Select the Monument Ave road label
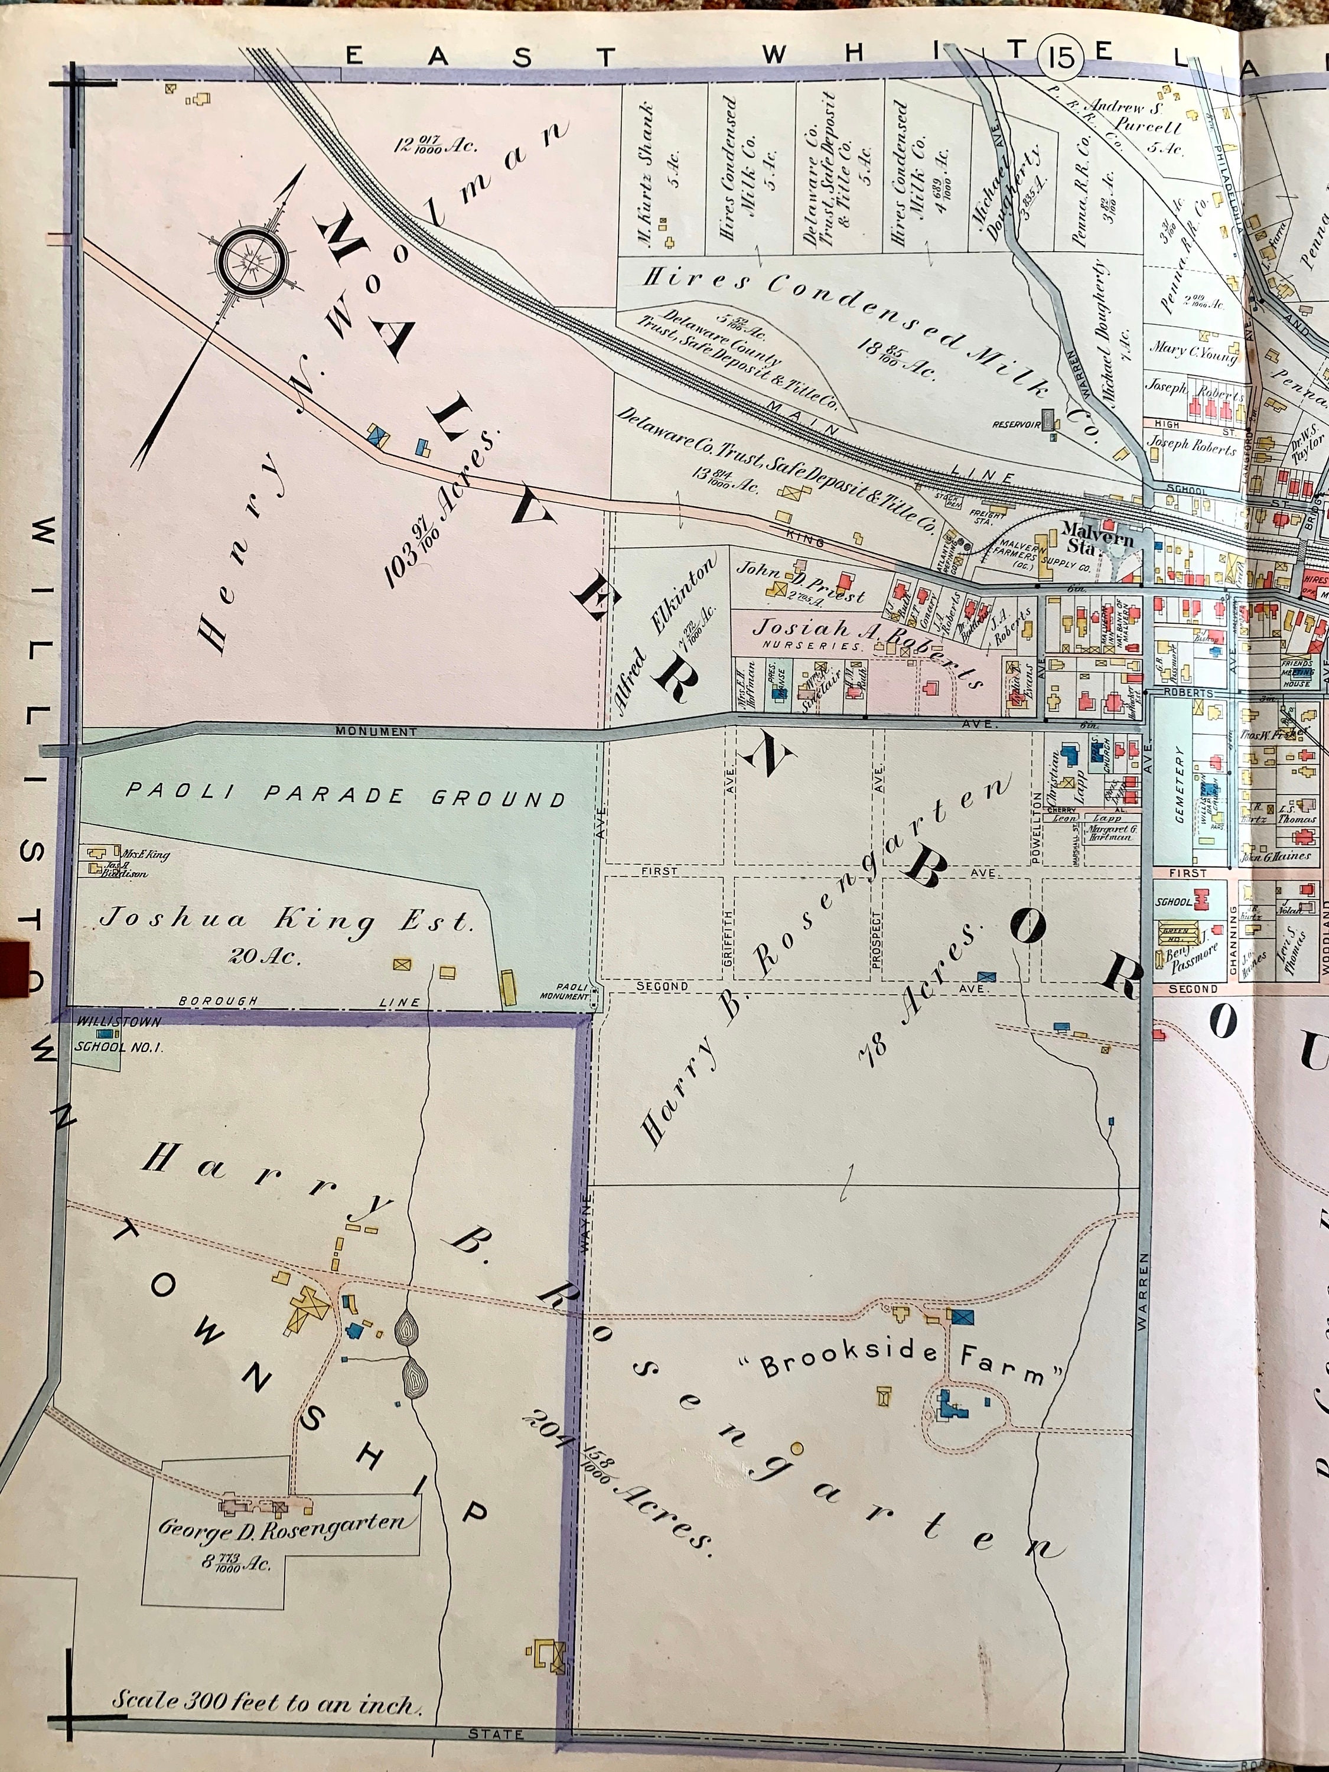tap(376, 731)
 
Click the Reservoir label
tap(1016, 425)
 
